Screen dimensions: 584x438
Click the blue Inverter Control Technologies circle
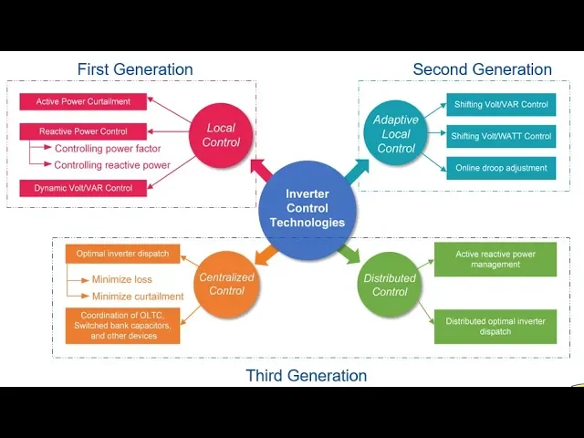308,210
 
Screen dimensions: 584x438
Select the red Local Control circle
221,135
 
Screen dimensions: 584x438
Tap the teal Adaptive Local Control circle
395,133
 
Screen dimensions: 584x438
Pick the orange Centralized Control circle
226,284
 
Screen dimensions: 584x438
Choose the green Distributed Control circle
390,285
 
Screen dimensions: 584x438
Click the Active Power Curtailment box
83,101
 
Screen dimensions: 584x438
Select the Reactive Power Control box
83,131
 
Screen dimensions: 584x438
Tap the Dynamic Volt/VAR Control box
83,188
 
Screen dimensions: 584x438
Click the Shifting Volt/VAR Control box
501,105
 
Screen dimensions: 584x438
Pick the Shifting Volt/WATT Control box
501,136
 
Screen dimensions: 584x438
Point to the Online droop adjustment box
501,168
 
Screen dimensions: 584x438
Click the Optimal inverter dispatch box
122,254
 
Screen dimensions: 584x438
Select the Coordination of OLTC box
122,326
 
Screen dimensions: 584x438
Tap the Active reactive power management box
495,259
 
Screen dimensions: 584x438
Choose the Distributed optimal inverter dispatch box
495,327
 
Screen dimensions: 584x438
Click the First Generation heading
135,69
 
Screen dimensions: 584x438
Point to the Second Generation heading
483,69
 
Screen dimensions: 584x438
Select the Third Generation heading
307,375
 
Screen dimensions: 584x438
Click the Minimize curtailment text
138,297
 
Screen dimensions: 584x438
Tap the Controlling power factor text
108,149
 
